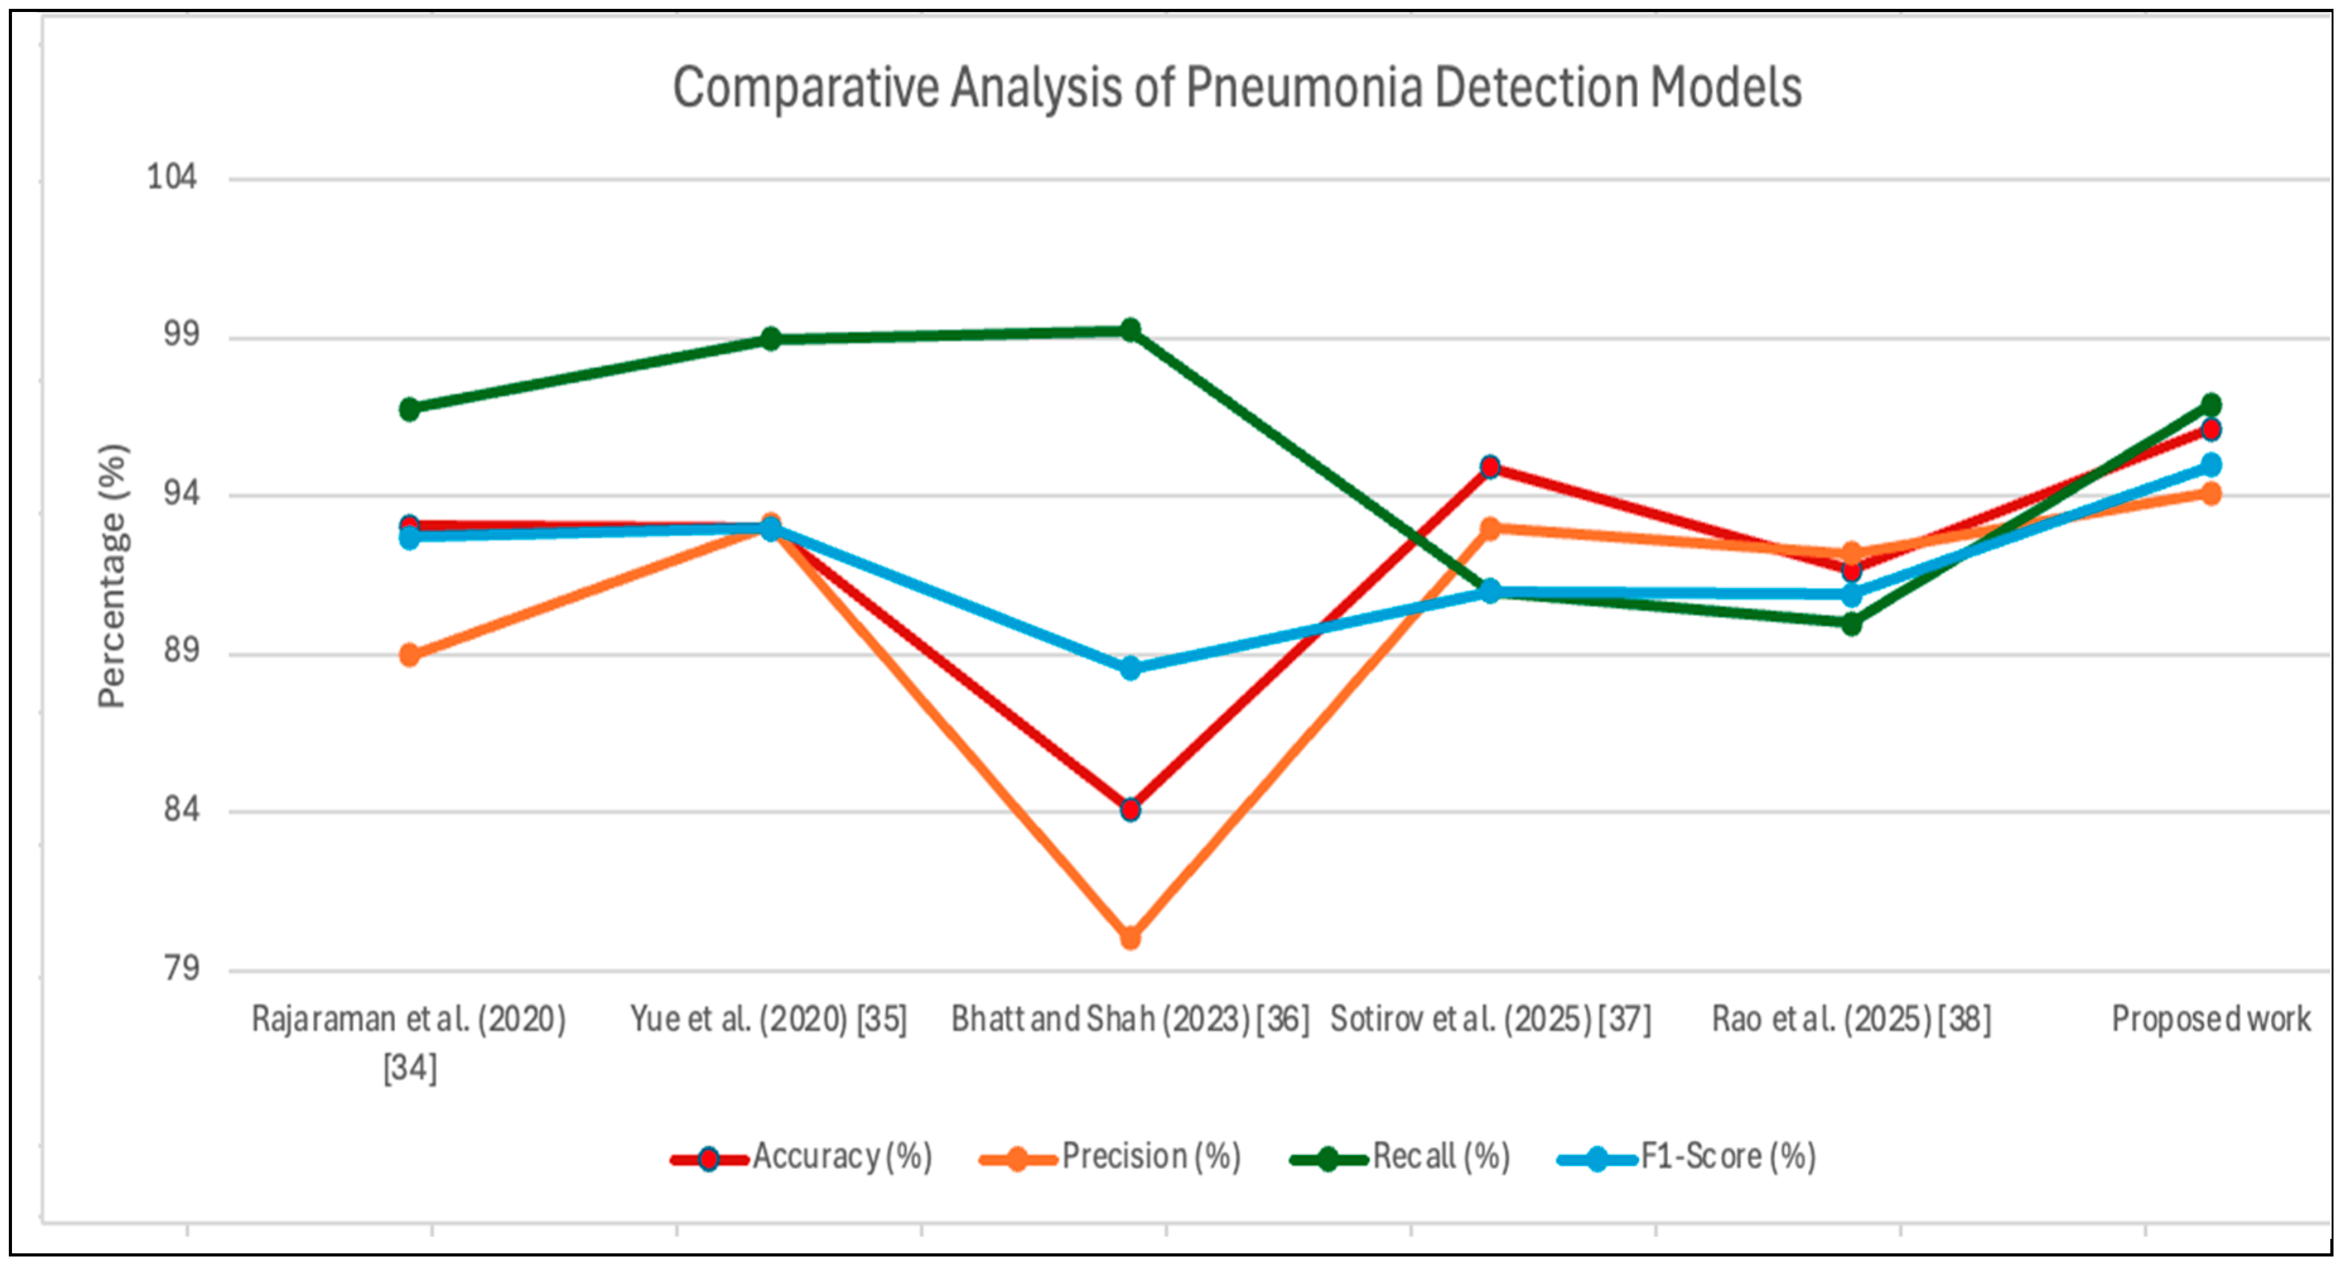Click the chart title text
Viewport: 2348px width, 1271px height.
tap(1237, 88)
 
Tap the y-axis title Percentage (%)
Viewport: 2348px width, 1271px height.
tap(113, 576)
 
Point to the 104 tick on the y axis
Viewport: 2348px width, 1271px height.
tap(172, 176)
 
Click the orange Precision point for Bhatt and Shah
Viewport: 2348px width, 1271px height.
tap(1130, 937)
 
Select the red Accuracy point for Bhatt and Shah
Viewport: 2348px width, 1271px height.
tap(1130, 810)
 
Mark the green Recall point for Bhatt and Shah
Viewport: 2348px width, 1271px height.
tap(1130, 330)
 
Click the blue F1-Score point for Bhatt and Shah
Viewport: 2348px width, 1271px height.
tap(1130, 668)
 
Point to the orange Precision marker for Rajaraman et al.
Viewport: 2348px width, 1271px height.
tap(410, 654)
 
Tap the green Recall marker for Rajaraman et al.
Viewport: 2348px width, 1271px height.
tap(410, 410)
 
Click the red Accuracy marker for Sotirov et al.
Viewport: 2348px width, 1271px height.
tap(1490, 467)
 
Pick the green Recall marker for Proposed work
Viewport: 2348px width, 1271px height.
tap(2211, 405)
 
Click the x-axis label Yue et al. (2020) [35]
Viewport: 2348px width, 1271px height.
tap(768, 1019)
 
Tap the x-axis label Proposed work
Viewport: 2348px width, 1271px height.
tap(2211, 1019)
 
